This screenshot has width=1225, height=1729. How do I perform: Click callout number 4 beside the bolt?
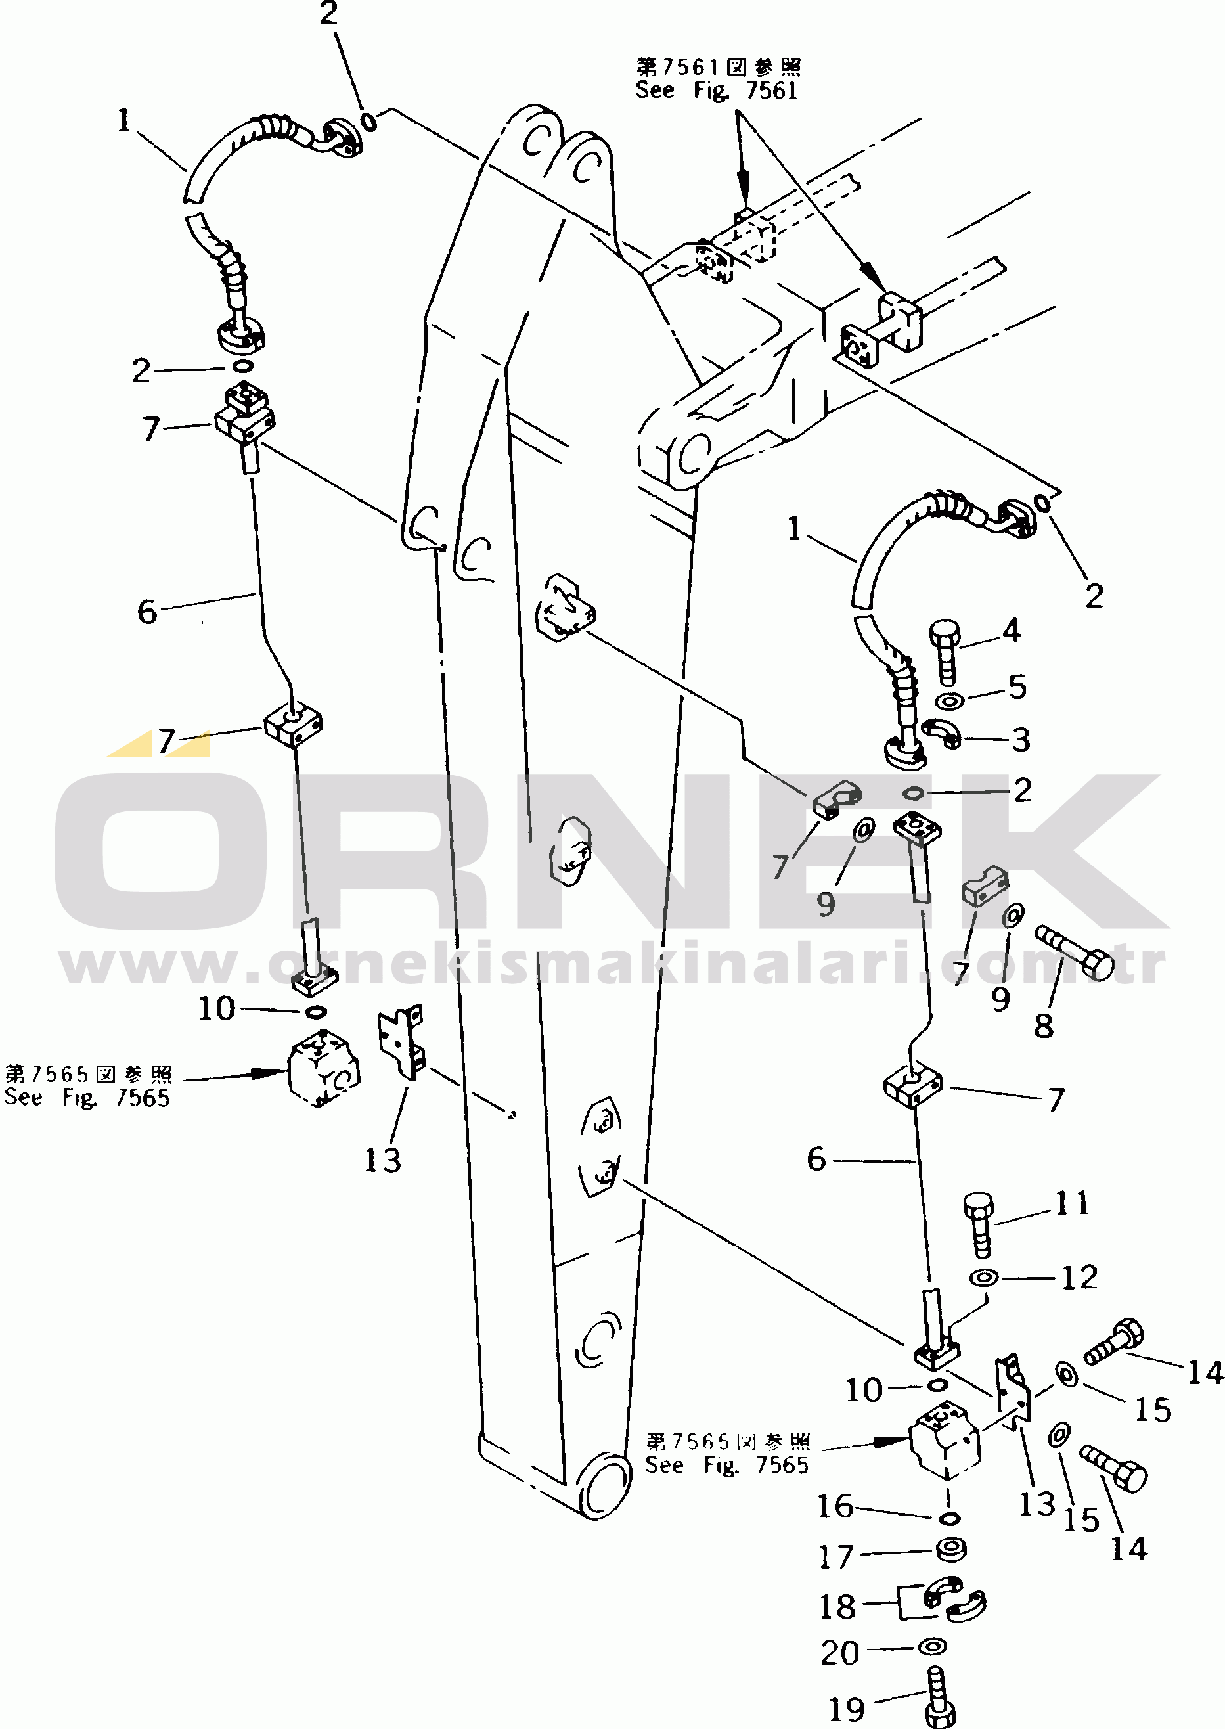click(1012, 631)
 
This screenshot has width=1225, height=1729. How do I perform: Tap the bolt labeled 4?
click(946, 652)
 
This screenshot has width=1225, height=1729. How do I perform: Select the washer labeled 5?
click(949, 702)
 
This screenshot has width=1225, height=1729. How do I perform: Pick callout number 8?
click(1043, 1026)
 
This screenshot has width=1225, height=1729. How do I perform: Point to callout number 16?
click(835, 1506)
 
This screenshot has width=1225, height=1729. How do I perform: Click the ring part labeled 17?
click(950, 1550)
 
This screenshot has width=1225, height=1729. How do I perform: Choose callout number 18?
click(838, 1607)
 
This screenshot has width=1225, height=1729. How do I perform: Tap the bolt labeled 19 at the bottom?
click(939, 1697)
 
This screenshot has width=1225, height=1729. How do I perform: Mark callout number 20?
click(840, 1653)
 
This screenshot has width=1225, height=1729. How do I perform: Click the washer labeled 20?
click(933, 1647)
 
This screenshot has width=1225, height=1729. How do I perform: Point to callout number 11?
click(1072, 1203)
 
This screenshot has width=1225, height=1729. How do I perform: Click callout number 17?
click(835, 1556)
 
